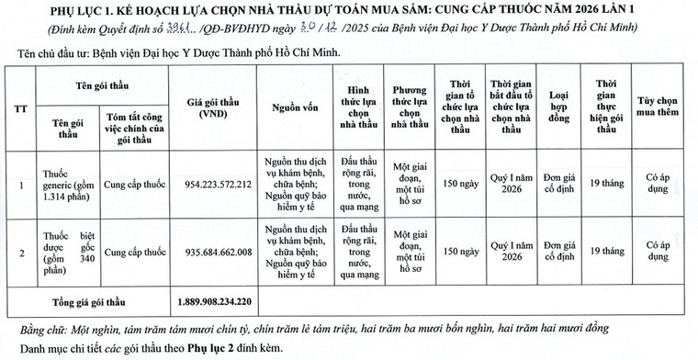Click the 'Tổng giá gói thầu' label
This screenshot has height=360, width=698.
point(88,301)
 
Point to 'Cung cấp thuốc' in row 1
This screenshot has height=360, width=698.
point(133,184)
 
